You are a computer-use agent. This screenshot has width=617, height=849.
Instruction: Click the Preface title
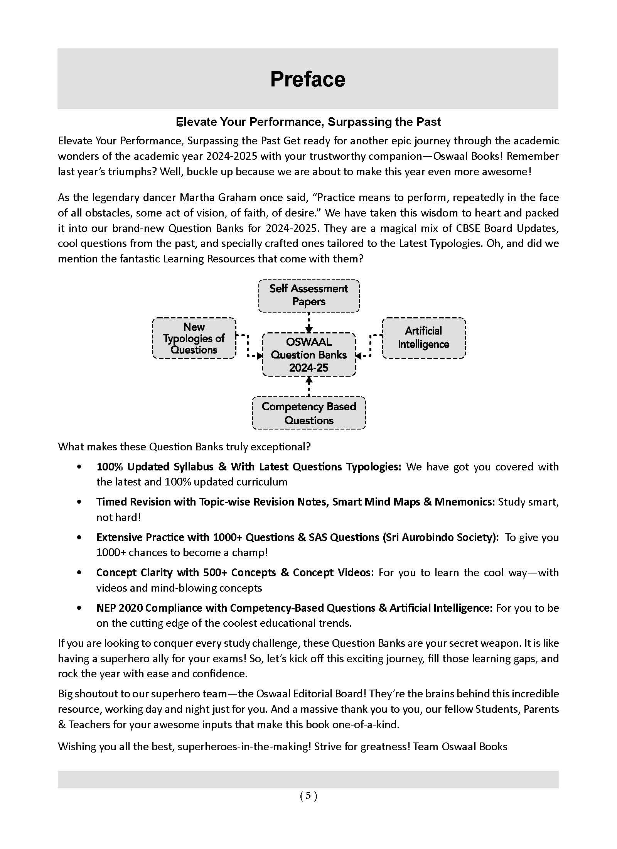[308, 79]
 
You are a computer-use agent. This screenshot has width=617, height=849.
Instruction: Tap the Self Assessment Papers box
[308, 295]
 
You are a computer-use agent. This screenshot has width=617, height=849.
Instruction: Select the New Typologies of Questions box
[194, 338]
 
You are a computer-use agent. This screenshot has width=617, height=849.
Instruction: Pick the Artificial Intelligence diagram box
[423, 338]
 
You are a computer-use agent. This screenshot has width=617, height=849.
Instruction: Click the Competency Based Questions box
[308, 413]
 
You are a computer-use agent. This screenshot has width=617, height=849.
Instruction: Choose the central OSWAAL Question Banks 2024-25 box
[308, 354]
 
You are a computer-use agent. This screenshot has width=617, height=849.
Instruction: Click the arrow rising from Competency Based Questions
[308, 386]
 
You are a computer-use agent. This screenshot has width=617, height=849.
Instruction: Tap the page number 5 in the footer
[308, 795]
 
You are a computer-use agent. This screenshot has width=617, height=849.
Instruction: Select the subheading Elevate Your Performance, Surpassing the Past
[308, 122]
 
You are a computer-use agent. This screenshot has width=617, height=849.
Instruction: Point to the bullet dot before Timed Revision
[79, 502]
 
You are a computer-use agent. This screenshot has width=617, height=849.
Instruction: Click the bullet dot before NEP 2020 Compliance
[79, 608]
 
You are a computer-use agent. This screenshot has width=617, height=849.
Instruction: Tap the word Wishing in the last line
[76, 747]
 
